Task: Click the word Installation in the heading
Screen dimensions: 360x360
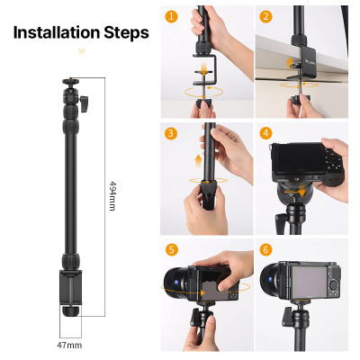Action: pyautogui.click(x=54, y=33)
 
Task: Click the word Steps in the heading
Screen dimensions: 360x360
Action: pyautogui.click(x=124, y=33)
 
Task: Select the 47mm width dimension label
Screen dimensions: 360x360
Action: pyautogui.click(x=69, y=345)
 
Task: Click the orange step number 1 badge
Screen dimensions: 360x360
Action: pyautogui.click(x=171, y=16)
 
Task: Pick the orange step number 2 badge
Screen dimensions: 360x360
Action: pyautogui.click(x=265, y=16)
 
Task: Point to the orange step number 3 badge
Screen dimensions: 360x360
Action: pyautogui.click(x=171, y=133)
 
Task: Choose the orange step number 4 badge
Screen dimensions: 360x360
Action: pyautogui.click(x=265, y=133)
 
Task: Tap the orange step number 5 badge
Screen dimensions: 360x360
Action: pyautogui.click(x=171, y=249)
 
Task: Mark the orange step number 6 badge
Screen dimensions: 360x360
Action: pyautogui.click(x=265, y=249)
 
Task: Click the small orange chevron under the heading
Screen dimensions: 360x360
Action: pyautogui.click(x=80, y=52)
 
